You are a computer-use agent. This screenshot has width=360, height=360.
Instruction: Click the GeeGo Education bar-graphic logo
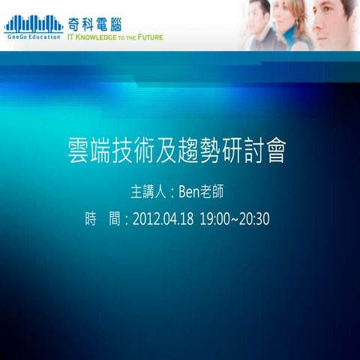pos(32,22)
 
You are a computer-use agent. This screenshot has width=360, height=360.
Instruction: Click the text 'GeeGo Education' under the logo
pos(32,36)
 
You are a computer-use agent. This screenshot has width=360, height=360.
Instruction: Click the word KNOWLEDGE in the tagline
pos(96,35)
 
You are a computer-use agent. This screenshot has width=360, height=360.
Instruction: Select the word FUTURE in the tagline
pos(149,35)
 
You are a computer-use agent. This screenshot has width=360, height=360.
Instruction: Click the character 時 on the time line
pos(91,220)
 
